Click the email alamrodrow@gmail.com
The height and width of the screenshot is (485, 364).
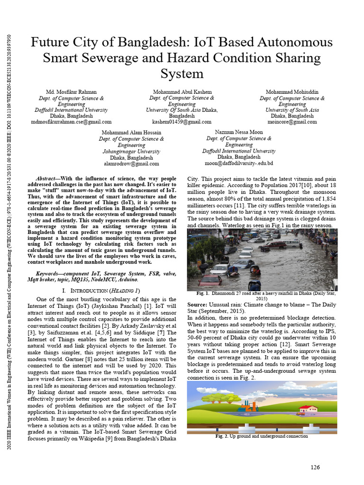pos(131,163)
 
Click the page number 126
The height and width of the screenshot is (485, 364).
pos(315,467)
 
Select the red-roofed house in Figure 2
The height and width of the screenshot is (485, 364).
pos(308,408)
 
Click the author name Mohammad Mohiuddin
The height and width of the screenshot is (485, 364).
pos(292,91)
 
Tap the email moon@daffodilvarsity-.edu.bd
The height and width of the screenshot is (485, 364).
pos(238,163)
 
